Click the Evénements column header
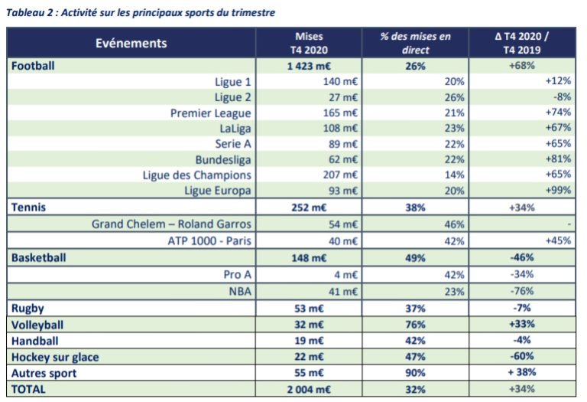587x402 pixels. pos(131,43)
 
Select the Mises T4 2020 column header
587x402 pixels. pos(310,43)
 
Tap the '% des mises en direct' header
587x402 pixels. pos(415,43)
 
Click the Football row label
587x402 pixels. pos(33,66)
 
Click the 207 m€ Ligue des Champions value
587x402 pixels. pos(340,175)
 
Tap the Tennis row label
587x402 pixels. pos(28,206)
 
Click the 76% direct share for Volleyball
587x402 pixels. pos(415,324)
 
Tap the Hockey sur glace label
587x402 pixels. pos(54,357)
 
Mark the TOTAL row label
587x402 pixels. pos(28,389)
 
